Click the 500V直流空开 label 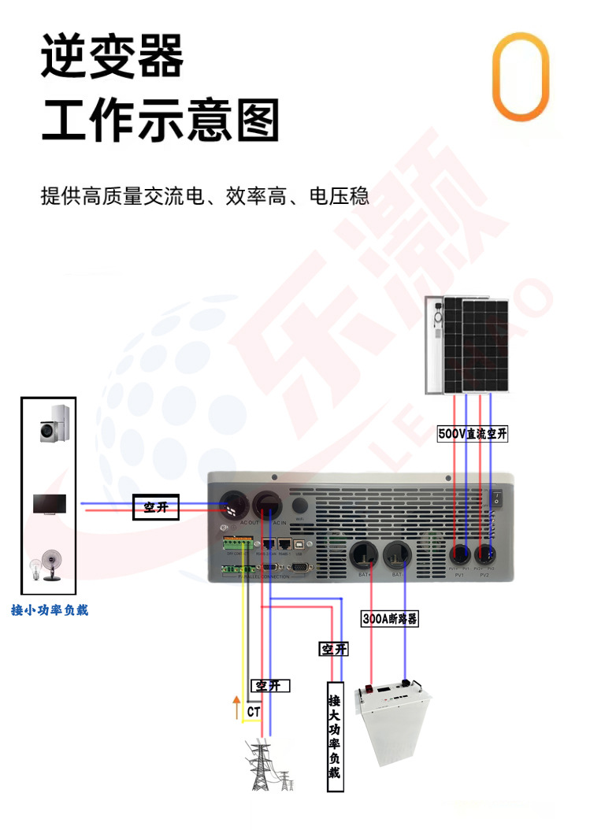(x=473, y=434)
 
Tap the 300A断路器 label (x=390, y=619)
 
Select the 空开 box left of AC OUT (x=156, y=508)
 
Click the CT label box (x=254, y=712)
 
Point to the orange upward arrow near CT (x=236, y=707)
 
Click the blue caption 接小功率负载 (x=50, y=610)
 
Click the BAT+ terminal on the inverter (x=364, y=555)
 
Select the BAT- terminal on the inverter (x=397, y=555)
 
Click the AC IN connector (x=268, y=504)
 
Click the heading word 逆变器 (x=112, y=57)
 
